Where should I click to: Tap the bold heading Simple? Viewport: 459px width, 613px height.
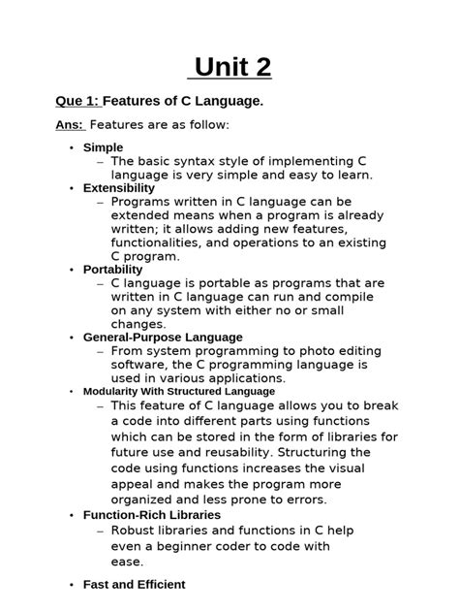point(104,147)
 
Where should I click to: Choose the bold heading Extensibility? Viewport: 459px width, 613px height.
point(119,187)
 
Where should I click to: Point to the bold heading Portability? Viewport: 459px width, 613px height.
point(113,270)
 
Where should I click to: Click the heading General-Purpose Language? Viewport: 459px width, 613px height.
point(163,337)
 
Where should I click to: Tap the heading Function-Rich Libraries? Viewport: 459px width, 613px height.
point(152,515)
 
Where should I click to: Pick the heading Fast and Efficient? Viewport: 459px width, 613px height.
point(134,585)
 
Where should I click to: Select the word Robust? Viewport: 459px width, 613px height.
point(133,531)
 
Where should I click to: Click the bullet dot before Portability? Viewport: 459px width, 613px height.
point(72,270)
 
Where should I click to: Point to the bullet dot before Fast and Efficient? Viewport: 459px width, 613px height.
point(72,585)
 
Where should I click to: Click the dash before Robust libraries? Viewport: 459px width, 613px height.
point(102,531)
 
